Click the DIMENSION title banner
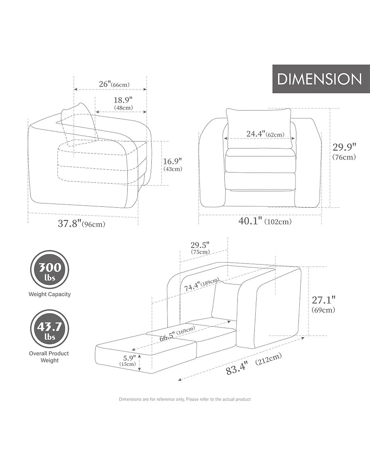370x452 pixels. [321, 79]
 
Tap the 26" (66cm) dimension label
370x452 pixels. [114, 84]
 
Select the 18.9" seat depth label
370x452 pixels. [123, 103]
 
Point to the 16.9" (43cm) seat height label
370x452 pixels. [173, 165]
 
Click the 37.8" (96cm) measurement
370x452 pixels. [81, 223]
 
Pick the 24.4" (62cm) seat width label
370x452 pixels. [265, 134]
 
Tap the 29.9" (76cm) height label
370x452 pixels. [344, 151]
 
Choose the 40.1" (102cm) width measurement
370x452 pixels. [265, 221]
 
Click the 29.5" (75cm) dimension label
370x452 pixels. [200, 248]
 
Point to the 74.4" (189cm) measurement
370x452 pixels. [202, 284]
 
